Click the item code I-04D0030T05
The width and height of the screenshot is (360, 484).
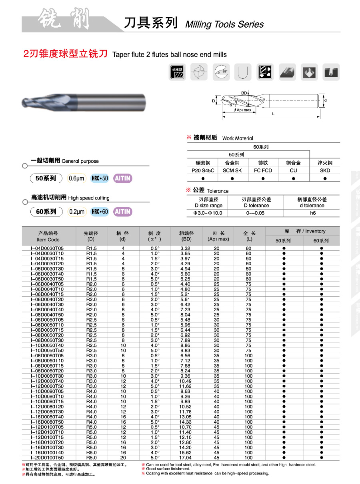coord(47,248)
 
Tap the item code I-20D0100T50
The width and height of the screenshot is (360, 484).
coord(47,458)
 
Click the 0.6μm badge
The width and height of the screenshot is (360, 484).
coord(76,178)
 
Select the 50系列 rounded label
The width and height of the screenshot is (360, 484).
coord(46,178)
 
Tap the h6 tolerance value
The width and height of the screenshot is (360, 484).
coord(313,213)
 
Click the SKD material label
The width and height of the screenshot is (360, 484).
coord(325,170)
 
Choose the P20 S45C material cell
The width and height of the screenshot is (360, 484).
coord(203,170)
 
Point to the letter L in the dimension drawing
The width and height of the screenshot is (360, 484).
coord(273,114)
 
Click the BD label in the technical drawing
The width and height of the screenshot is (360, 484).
coord(244,93)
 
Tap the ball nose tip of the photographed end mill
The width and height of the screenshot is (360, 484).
coord(24,102)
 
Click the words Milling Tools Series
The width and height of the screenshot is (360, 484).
coord(224,24)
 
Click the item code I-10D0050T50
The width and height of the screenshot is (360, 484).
coord(47,350)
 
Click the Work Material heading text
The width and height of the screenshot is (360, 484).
coord(238,138)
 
